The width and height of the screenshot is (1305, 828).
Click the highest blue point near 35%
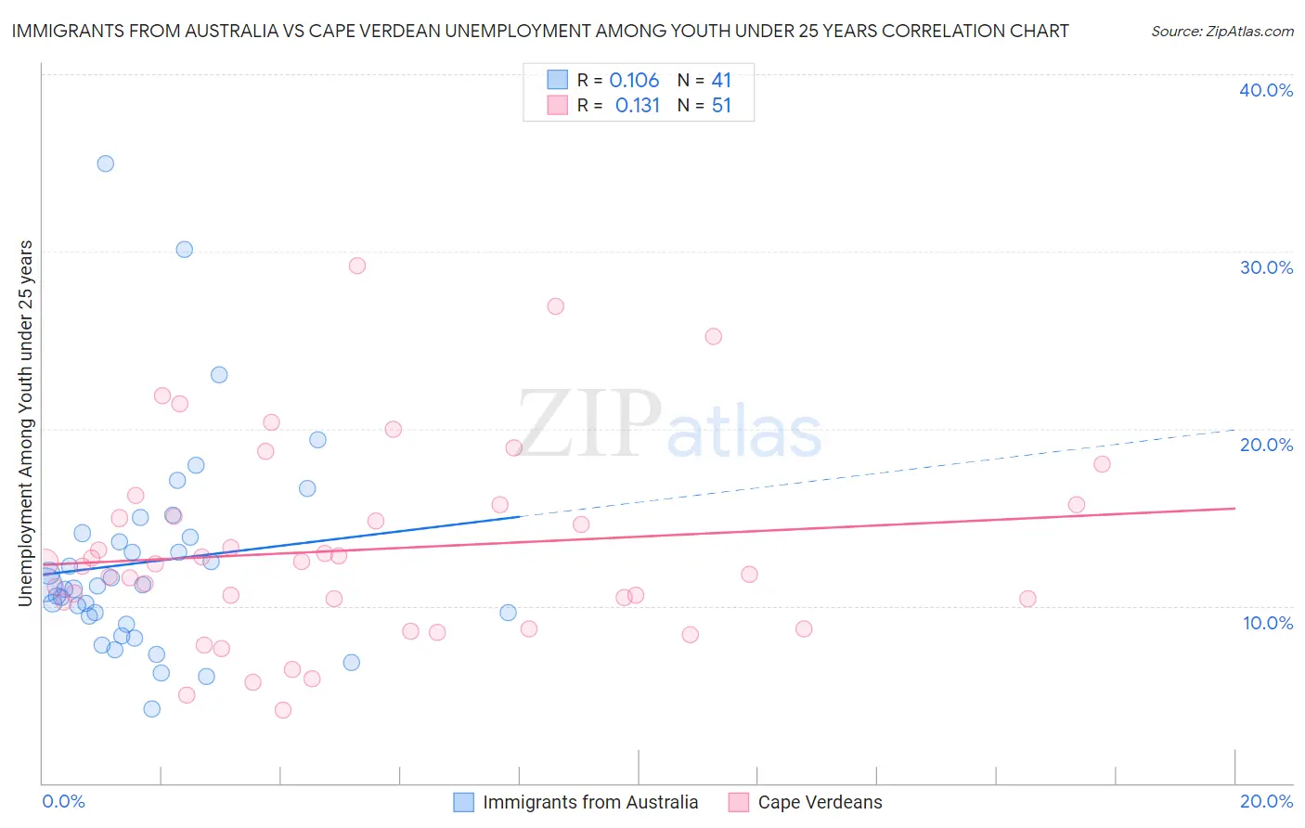[106, 163]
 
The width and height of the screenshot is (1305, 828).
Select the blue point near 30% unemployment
[185, 250]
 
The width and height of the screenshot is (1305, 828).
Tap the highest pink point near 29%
[357, 265]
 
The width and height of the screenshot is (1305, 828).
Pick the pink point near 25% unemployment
[714, 336]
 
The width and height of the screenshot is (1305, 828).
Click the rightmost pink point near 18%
[1102, 464]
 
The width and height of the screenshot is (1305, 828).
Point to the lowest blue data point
[152, 709]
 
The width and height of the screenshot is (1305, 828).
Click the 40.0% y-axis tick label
[1266, 90]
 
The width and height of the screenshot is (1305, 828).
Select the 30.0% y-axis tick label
[1266, 267]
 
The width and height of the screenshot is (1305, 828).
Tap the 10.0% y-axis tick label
[1268, 623]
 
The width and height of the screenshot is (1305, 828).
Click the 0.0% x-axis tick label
[63, 801]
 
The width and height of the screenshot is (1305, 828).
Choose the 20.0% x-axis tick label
[1266, 801]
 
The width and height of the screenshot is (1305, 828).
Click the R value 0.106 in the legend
[634, 81]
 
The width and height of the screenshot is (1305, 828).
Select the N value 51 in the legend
[721, 106]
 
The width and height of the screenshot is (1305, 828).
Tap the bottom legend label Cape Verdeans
[820, 802]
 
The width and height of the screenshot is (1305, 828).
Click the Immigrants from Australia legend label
[590, 802]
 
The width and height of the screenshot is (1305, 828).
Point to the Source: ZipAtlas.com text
[1221, 32]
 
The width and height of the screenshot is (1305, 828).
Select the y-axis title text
[25, 423]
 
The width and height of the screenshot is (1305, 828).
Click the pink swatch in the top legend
[557, 106]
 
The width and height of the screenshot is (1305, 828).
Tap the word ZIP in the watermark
[589, 425]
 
